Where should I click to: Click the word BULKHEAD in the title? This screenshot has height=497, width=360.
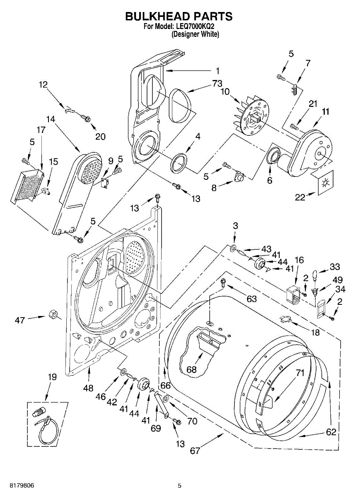[155, 17]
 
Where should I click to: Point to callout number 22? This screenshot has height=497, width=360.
[300, 198]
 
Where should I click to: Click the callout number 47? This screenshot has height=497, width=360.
[20, 320]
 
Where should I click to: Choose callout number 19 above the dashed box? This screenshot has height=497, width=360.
[52, 383]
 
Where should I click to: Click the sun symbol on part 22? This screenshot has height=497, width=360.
[325, 183]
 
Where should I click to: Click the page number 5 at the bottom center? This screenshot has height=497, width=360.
[179, 484]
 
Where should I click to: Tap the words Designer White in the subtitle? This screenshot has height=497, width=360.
[195, 34]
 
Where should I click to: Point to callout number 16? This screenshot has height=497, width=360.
[300, 260]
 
